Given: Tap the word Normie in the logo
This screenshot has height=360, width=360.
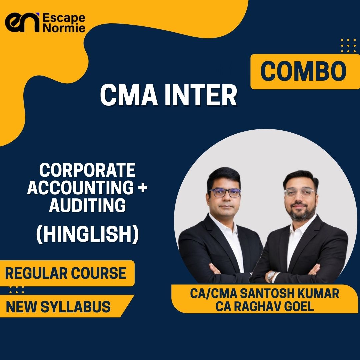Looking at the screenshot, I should (x=64, y=28).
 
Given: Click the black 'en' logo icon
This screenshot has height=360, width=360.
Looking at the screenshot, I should (x=22, y=23).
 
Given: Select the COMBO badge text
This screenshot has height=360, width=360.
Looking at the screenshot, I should (x=303, y=71).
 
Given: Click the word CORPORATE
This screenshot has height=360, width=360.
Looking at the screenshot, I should (x=87, y=170).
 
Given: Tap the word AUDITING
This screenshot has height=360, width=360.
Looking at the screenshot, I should (x=87, y=205).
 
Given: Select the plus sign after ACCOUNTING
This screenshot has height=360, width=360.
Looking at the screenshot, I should (x=143, y=188).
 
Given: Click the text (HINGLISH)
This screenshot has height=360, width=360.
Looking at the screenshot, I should (x=87, y=234).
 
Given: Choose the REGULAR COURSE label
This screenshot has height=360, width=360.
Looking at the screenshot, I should (x=66, y=273).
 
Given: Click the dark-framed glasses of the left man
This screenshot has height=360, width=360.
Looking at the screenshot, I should (x=225, y=193).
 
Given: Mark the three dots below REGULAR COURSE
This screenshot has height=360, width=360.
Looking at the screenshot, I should (x=17, y=290).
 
